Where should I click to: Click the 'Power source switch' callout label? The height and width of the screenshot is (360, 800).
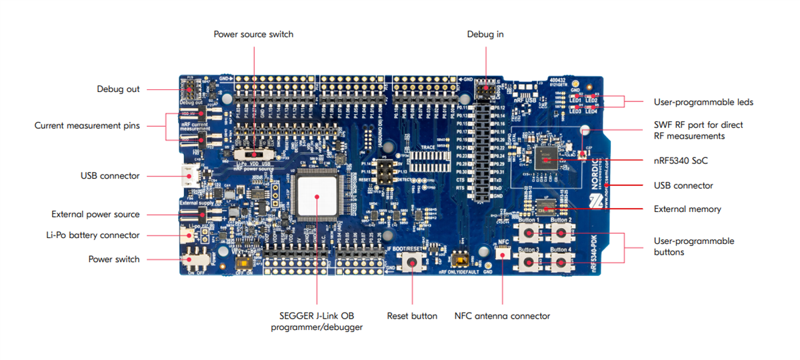tap(253, 34)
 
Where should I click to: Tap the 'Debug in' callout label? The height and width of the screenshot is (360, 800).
tap(485, 34)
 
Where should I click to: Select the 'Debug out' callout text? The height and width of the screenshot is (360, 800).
tap(118, 89)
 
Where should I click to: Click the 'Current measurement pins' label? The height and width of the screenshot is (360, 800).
tap(87, 125)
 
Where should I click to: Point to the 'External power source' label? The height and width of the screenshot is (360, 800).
tap(95, 215)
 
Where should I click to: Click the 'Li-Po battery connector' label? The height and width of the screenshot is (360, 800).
tap(92, 235)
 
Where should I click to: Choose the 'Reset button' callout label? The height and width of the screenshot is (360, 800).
tap(412, 316)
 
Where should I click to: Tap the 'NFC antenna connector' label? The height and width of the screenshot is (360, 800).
tap(502, 316)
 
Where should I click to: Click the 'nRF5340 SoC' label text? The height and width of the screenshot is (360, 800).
tap(680, 161)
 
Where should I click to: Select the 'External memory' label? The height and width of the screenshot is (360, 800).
tap(687, 209)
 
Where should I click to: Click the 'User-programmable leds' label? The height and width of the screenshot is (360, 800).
tap(703, 102)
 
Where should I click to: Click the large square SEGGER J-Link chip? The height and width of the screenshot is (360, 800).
tap(317, 196)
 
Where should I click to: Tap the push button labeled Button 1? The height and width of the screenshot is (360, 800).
tap(530, 233)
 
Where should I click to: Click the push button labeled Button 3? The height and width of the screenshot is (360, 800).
tap(530, 263)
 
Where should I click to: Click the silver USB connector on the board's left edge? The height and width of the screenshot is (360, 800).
tap(188, 176)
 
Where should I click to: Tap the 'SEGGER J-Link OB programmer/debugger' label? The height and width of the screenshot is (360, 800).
tap(317, 321)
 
